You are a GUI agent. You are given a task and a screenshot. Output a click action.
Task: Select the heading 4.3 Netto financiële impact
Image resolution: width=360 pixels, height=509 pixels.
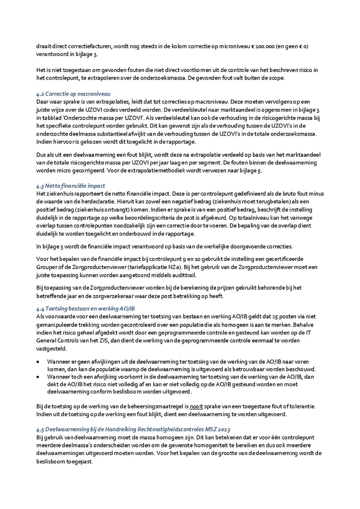pos(70,186)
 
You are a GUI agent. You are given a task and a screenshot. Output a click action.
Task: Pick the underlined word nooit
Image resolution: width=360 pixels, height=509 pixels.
pos(196,407)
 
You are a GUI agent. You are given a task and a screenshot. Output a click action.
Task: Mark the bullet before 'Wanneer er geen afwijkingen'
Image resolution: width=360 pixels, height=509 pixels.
pos(38,362)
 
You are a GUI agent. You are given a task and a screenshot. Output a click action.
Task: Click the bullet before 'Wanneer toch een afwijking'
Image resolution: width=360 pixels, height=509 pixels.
pos(38,377)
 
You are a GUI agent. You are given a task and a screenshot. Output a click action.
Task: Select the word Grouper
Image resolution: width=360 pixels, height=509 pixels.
pos(47,267)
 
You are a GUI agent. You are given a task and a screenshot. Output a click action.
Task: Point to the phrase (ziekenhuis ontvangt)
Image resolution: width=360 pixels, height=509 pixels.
pos(84,210)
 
